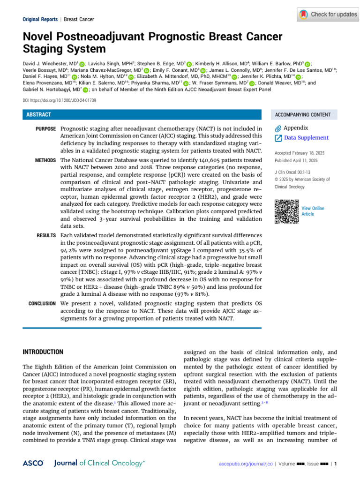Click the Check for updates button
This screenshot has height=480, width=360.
click(x=327, y=15)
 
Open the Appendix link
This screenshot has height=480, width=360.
click(x=296, y=128)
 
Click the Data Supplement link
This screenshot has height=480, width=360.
click(x=307, y=138)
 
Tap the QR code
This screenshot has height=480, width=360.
click(x=286, y=211)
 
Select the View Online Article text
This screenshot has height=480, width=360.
click(x=313, y=211)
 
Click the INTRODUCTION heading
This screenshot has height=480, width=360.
click(x=43, y=352)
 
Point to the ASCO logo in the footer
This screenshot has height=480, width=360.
click(x=33, y=463)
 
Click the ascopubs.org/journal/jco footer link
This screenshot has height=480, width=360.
click(x=246, y=464)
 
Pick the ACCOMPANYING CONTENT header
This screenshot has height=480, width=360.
click(x=302, y=115)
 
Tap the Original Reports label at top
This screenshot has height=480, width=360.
click(x=40, y=19)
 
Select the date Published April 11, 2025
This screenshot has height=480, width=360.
click(x=296, y=161)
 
